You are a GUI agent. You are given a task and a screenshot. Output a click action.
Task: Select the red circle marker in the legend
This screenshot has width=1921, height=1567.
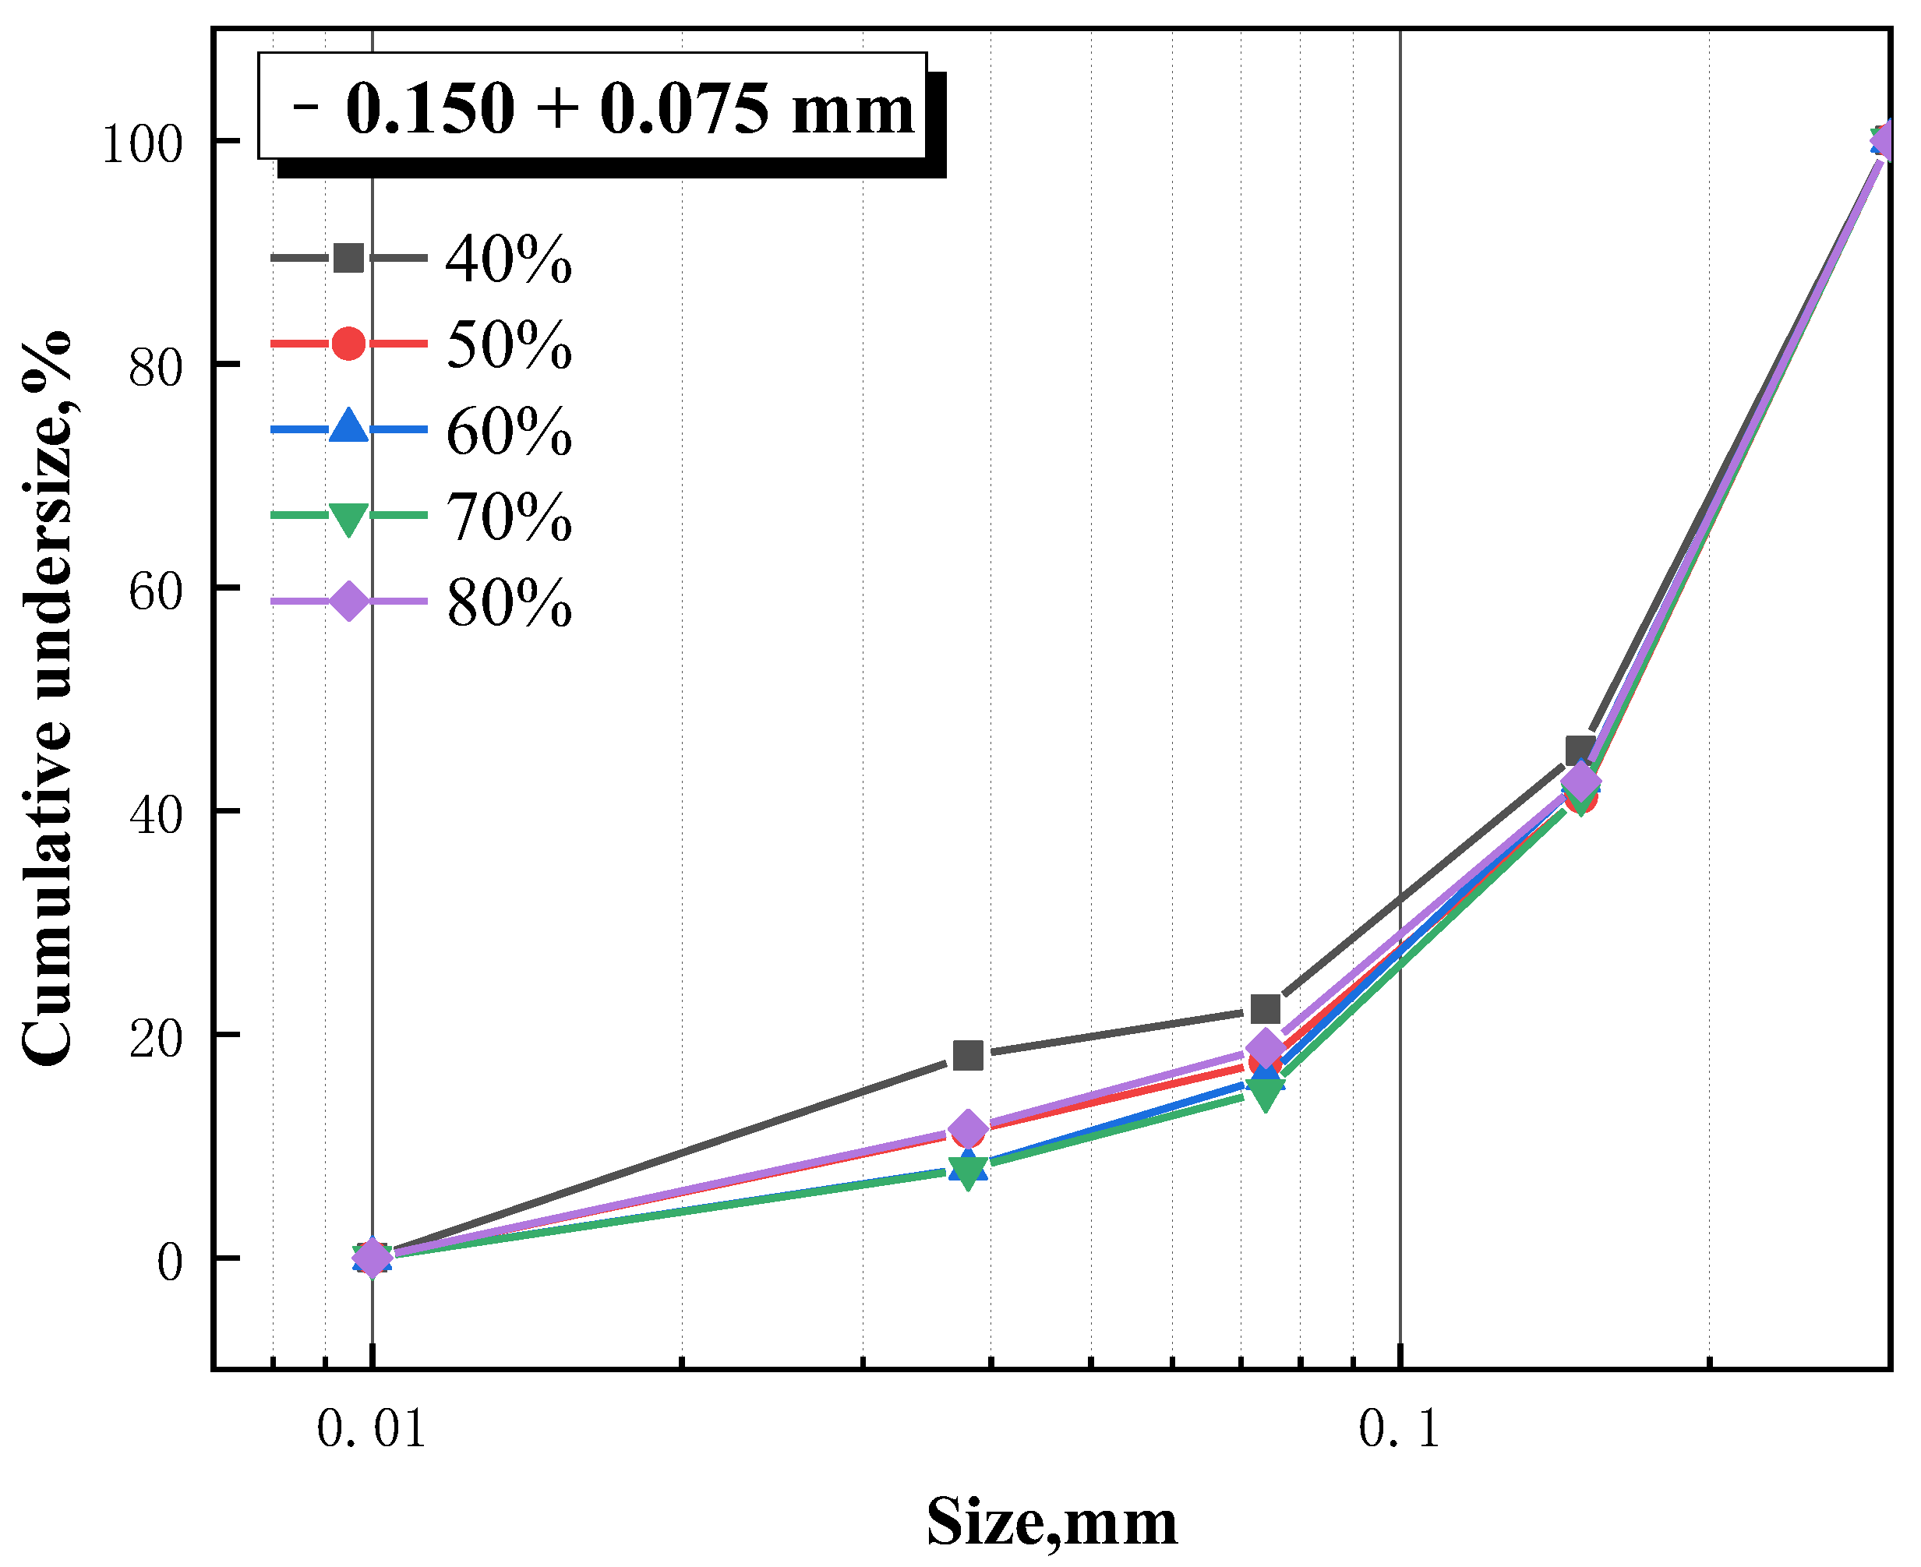point(348,343)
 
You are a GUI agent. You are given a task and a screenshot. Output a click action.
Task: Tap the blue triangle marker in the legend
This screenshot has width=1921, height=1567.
point(348,427)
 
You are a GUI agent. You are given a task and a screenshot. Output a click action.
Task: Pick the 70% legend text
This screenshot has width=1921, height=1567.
point(508,517)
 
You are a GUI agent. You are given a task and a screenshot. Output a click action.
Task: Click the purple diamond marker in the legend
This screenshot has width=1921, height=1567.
point(348,602)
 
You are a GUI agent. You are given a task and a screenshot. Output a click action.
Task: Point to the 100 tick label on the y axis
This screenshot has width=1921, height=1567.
point(142,143)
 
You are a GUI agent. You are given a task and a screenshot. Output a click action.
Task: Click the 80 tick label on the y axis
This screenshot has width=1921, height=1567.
point(155,366)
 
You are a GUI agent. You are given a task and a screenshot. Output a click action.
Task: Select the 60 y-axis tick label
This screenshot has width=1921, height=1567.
point(155,591)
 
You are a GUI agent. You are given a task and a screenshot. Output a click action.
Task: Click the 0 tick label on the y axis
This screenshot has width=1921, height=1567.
point(170,1261)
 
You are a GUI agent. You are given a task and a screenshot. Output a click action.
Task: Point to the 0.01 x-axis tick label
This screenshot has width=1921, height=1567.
point(371,1429)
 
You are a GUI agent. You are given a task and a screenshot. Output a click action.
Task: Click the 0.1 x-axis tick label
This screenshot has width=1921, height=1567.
point(1399,1429)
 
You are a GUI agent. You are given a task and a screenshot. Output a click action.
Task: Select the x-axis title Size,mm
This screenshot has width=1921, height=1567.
point(1051,1523)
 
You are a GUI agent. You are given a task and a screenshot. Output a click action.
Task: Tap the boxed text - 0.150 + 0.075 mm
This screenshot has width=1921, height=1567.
point(593,107)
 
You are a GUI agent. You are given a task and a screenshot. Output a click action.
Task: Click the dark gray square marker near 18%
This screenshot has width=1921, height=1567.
point(968,1054)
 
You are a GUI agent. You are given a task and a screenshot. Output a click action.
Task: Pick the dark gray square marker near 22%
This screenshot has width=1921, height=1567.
point(1266,1008)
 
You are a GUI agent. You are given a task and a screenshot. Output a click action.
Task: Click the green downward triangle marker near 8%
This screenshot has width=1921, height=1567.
point(968,1174)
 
